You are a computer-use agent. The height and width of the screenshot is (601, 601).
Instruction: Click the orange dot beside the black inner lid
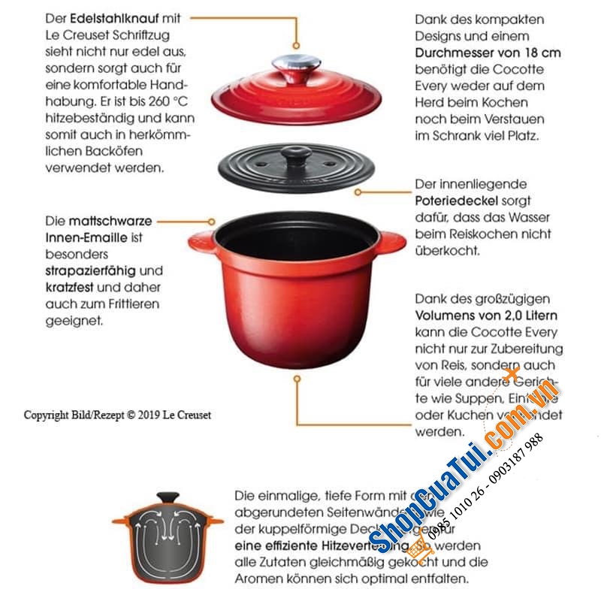click(358, 192)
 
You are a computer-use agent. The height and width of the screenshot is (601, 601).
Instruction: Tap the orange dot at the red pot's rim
click(213, 222)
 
